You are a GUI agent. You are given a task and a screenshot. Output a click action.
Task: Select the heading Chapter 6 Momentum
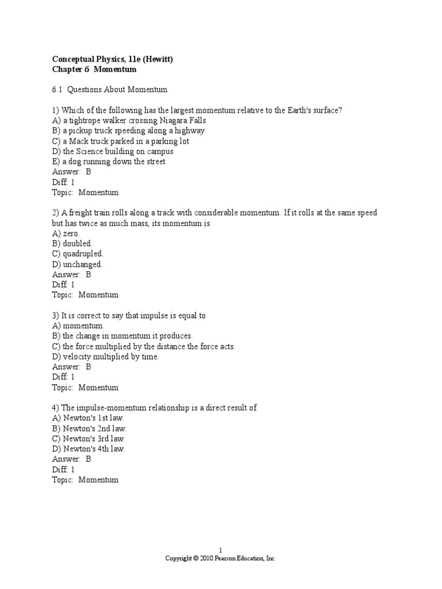click(94, 69)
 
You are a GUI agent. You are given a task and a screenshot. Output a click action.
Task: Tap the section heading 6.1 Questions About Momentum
click(109, 90)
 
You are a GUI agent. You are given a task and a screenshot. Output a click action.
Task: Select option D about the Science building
click(113, 152)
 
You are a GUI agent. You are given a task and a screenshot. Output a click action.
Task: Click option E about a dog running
click(109, 162)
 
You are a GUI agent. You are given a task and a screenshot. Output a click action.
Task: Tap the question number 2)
click(56, 213)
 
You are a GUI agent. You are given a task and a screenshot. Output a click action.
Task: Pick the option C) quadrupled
click(78, 254)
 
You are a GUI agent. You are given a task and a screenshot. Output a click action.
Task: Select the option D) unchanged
click(77, 264)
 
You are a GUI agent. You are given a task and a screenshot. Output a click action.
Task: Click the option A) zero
click(66, 234)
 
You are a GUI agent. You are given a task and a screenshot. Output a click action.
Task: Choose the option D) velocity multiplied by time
click(105, 357)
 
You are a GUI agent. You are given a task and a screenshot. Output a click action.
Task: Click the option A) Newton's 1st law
click(88, 418)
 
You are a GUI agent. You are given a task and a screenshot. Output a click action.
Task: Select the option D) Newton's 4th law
click(89, 449)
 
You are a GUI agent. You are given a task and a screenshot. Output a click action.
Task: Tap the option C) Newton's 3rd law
click(89, 438)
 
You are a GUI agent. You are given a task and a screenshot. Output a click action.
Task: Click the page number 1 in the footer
click(220, 550)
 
